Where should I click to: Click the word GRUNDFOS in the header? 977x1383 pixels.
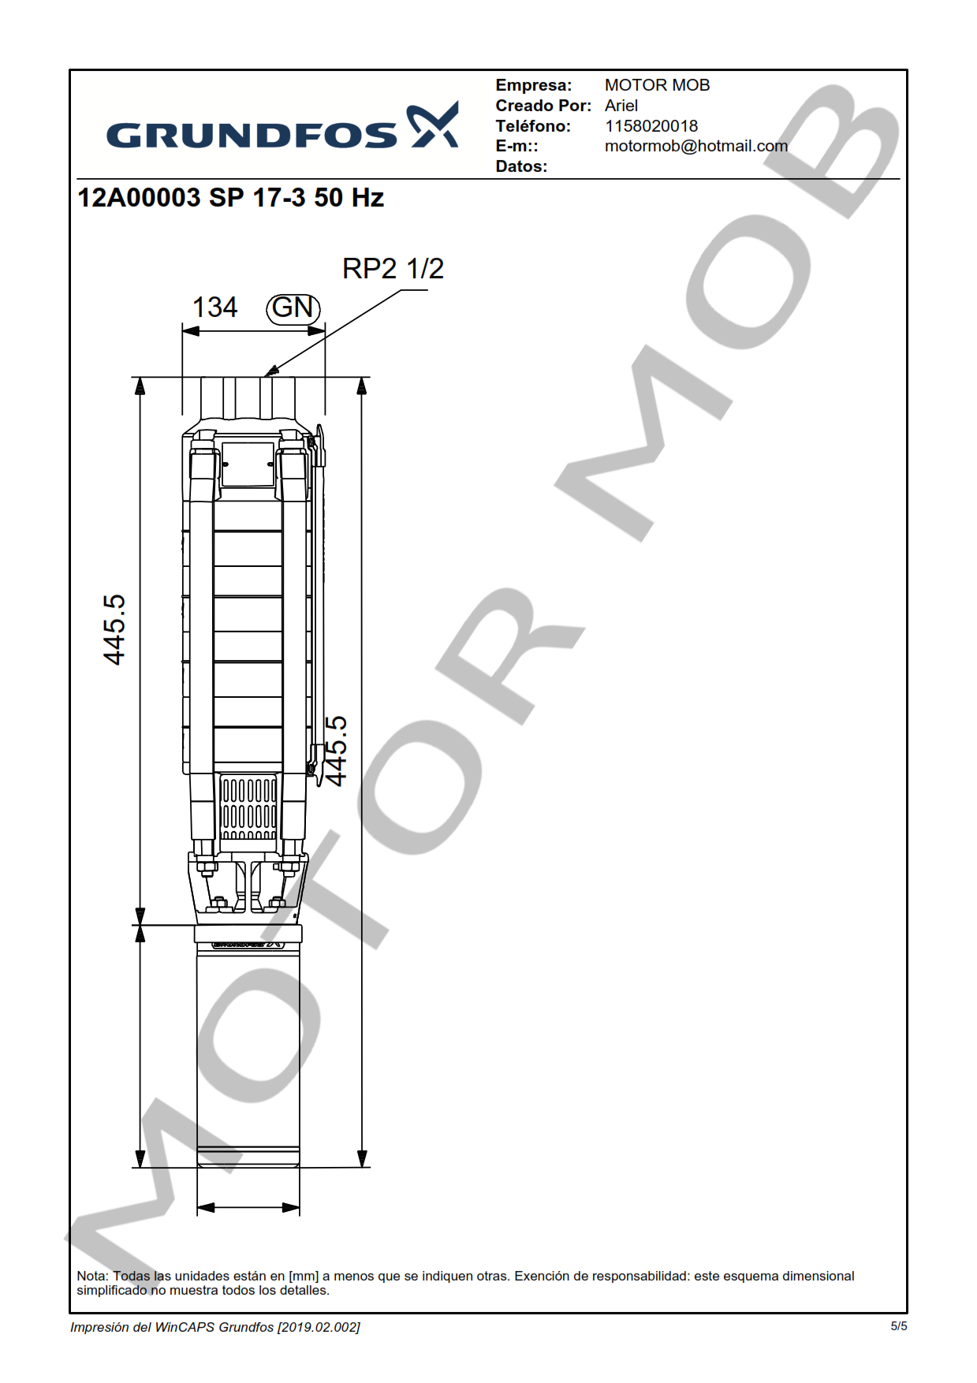tap(252, 136)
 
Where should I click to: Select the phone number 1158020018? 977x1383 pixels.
tap(651, 126)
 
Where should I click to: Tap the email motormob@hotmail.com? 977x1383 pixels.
tap(696, 146)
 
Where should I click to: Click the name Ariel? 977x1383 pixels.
tap(621, 106)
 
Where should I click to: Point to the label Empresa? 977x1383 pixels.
tap(534, 85)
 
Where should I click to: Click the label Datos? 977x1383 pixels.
tap(521, 166)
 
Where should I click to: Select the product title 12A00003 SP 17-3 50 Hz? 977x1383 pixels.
tap(231, 197)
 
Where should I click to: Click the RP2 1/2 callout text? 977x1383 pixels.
tap(393, 269)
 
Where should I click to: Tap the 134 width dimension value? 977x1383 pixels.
tap(215, 307)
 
